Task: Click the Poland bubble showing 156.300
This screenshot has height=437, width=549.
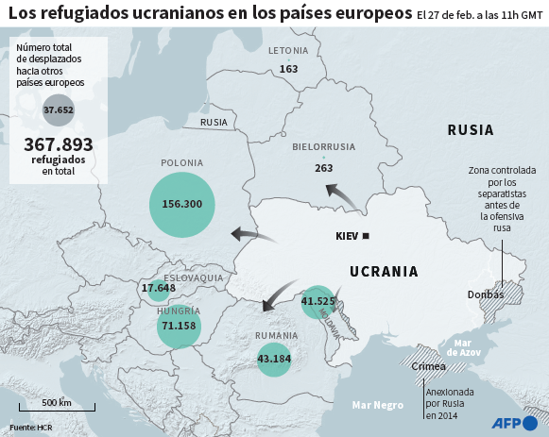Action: [x=182, y=205]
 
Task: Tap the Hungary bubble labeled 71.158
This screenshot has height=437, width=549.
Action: [x=179, y=326]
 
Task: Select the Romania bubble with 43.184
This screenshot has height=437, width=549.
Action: [x=274, y=359]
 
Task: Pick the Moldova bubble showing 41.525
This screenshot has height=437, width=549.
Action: [x=318, y=302]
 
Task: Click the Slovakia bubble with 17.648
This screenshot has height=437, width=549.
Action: [x=158, y=288]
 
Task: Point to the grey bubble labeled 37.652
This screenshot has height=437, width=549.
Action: [x=59, y=110]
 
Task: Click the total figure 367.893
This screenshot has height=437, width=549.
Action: [x=58, y=143]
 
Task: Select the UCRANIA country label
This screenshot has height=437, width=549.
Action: [x=384, y=272]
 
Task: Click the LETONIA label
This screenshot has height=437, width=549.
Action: [x=288, y=50]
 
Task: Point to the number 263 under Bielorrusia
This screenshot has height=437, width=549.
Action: [x=324, y=168]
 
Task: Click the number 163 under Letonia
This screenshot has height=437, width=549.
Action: [x=288, y=69]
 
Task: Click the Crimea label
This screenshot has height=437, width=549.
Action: [x=429, y=366]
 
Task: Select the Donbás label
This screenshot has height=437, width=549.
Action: [x=486, y=294]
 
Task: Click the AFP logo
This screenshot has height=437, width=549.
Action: [x=516, y=421]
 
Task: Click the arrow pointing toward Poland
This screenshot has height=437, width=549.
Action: [x=249, y=234]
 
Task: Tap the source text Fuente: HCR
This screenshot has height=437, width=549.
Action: [x=31, y=429]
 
